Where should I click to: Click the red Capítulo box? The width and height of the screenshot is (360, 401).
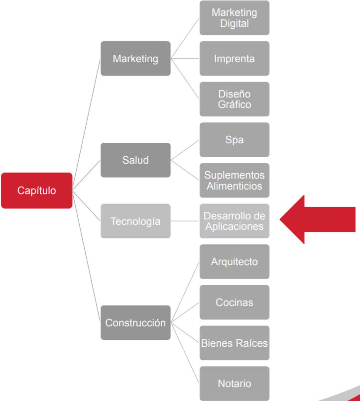pyautogui.click(x=37, y=191)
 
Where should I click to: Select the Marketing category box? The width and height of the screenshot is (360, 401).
pyautogui.click(x=135, y=59)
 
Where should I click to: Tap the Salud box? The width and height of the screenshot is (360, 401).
pyautogui.click(x=135, y=160)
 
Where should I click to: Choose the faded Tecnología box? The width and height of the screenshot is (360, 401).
pyautogui.click(x=135, y=221)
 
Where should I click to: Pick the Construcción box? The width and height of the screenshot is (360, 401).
pyautogui.click(x=135, y=322)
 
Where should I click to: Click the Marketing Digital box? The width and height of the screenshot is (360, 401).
pyautogui.click(x=235, y=18)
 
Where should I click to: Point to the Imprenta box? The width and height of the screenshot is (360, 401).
pyautogui.click(x=235, y=59)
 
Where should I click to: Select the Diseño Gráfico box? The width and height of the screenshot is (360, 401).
pyautogui.click(x=235, y=99)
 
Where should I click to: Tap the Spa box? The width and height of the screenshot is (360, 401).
pyautogui.click(x=235, y=140)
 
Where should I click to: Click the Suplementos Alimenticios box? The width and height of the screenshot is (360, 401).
pyautogui.click(x=235, y=181)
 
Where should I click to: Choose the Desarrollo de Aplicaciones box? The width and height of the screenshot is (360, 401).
pyautogui.click(x=235, y=221)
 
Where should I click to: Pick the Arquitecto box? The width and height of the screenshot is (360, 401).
pyautogui.click(x=235, y=262)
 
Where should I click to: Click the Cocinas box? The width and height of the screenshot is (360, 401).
pyautogui.click(x=235, y=302)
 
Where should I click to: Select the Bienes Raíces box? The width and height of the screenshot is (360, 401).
pyautogui.click(x=235, y=343)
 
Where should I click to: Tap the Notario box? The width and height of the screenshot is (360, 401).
pyautogui.click(x=235, y=384)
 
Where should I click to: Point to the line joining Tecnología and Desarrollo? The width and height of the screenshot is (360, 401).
pyautogui.click(x=185, y=221)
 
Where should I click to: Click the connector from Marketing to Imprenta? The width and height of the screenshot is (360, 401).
pyautogui.click(x=185, y=59)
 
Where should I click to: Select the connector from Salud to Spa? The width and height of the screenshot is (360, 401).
pyautogui.click(x=185, y=150)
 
